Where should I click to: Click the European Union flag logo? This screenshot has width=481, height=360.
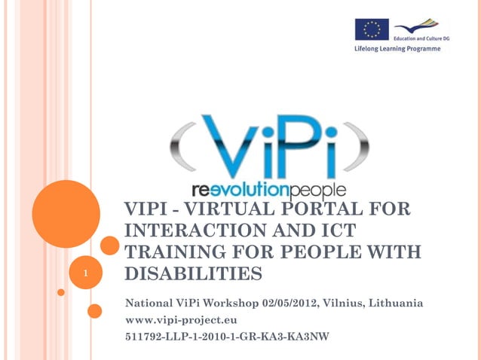click(x=372, y=29)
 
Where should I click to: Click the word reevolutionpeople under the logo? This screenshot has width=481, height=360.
click(x=269, y=188)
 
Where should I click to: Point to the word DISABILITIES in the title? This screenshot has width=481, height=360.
click(x=193, y=274)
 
